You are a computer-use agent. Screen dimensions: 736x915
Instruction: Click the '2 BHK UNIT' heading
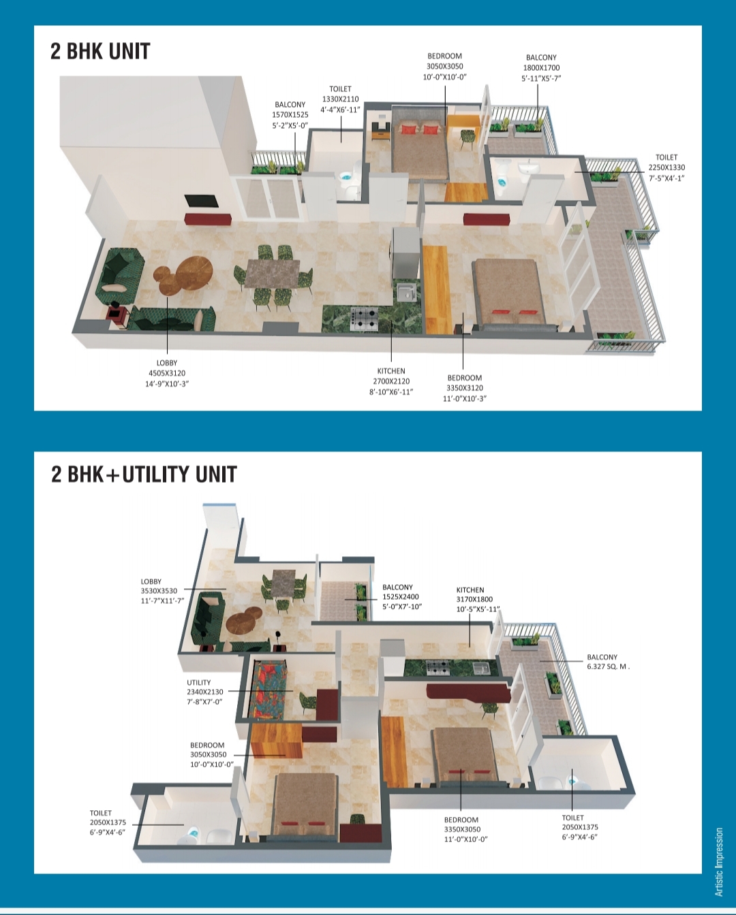pyautogui.click(x=100, y=52)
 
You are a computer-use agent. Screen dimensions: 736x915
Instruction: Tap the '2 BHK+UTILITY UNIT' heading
pyautogui.click(x=144, y=475)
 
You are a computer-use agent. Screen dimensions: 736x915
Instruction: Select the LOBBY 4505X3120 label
pyautogui.click(x=167, y=373)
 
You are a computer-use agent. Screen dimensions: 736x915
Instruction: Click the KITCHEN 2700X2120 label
pyautogui.click(x=391, y=381)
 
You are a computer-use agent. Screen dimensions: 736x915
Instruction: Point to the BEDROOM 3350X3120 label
pyautogui.click(x=465, y=388)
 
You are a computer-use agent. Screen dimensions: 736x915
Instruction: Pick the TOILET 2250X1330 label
pyautogui.click(x=666, y=167)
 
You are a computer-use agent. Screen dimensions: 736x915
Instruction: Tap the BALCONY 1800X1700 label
pyautogui.click(x=541, y=67)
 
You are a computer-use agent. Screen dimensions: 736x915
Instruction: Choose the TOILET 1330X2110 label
pyautogui.click(x=341, y=99)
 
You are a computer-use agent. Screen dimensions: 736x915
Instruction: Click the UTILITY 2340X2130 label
pyautogui.click(x=204, y=692)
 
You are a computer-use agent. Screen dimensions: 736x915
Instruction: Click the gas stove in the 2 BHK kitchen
pyautogui.click(x=364, y=319)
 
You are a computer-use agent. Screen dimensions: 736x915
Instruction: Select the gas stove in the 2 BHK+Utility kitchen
pyautogui.click(x=438, y=668)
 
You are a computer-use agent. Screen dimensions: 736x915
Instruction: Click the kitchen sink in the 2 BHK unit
pyautogui.click(x=407, y=292)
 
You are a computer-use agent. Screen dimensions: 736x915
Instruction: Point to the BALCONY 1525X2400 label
pyautogui.click(x=401, y=596)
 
